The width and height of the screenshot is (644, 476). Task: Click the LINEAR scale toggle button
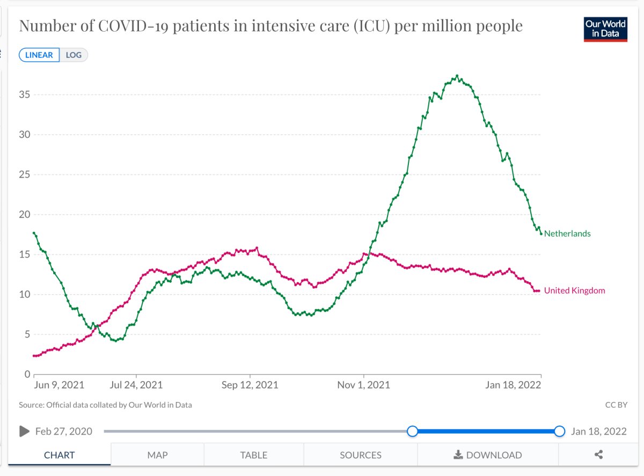pos(39,55)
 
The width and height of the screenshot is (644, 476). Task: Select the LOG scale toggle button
pos(74,55)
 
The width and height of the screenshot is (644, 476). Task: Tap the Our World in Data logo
pos(605,29)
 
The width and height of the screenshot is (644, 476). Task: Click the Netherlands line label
pos(567,233)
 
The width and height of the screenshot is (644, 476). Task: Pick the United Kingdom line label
pos(574,290)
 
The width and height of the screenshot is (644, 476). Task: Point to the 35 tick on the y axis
pos(24,95)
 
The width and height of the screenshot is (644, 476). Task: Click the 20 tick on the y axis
pos(24,215)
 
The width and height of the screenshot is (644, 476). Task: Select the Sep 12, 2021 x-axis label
pos(250,385)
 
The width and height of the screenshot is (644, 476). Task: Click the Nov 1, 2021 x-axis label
pos(364,385)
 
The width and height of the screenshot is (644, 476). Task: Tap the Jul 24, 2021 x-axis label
pos(136,385)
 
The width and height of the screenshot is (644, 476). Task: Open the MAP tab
pos(157,455)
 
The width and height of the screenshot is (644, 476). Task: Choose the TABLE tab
pos(254,455)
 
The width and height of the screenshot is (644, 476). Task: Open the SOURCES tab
pos(361,455)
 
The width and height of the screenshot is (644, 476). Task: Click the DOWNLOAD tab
pos(487,455)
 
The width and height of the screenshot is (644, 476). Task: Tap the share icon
pos(599,455)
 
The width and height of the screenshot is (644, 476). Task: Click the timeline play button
pos(24,431)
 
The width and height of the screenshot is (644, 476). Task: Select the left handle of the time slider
pos(412,431)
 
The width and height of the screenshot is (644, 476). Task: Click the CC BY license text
pos(616,405)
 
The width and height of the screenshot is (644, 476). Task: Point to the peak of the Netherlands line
pos(457,76)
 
